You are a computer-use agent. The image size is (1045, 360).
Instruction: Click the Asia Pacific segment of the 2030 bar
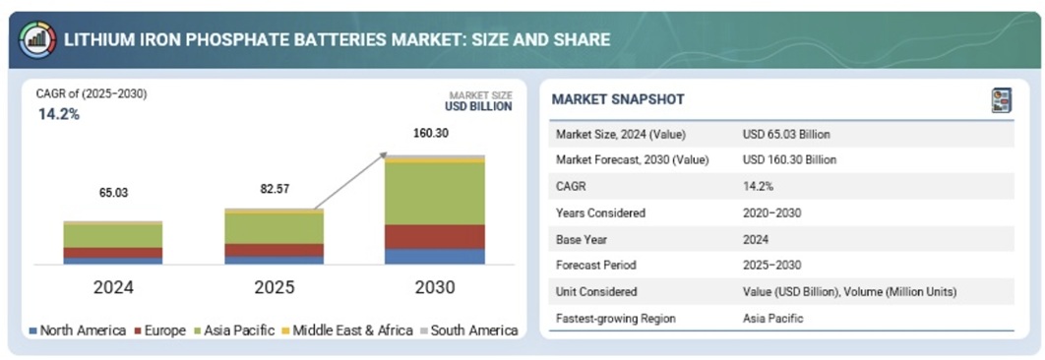click(x=435, y=194)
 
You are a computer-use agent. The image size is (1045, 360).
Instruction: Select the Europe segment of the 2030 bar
click(x=435, y=237)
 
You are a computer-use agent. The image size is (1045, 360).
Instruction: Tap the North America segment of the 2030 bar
click(x=435, y=257)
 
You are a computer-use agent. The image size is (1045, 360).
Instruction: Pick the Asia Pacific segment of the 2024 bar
click(x=113, y=236)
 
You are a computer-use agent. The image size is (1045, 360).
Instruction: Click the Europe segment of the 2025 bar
click(x=274, y=250)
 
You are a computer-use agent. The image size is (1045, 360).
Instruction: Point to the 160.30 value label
click(x=431, y=134)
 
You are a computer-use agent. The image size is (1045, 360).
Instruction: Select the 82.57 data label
click(x=275, y=189)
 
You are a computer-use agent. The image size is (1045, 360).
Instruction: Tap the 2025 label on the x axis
click(x=274, y=287)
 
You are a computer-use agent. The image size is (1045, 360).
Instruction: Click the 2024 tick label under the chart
click(x=113, y=287)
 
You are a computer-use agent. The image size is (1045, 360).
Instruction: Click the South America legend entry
click(x=465, y=330)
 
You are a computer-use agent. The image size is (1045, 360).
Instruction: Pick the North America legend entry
click(x=78, y=330)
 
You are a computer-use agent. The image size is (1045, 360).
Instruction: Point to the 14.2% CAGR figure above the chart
click(x=59, y=114)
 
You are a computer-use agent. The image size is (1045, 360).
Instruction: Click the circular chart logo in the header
click(x=37, y=40)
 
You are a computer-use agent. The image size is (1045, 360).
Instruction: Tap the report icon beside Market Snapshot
click(x=1002, y=100)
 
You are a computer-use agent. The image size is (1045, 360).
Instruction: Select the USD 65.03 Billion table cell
click(x=786, y=135)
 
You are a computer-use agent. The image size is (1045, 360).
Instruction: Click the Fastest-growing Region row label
click(x=616, y=319)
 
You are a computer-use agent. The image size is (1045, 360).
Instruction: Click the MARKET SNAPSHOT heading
click(x=618, y=100)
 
